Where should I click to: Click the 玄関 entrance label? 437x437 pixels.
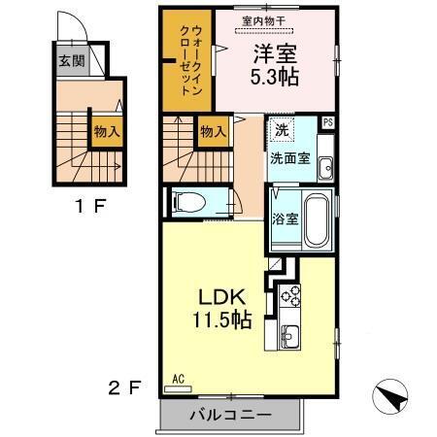coord(70,61)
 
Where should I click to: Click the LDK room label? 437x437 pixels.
coord(227,296)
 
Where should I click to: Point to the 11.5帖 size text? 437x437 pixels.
coord(229,318)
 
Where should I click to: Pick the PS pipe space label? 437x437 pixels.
coord(328,121)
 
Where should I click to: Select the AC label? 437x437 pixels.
coord(178,379)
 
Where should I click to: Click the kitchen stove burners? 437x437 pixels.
coord(289,293)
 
